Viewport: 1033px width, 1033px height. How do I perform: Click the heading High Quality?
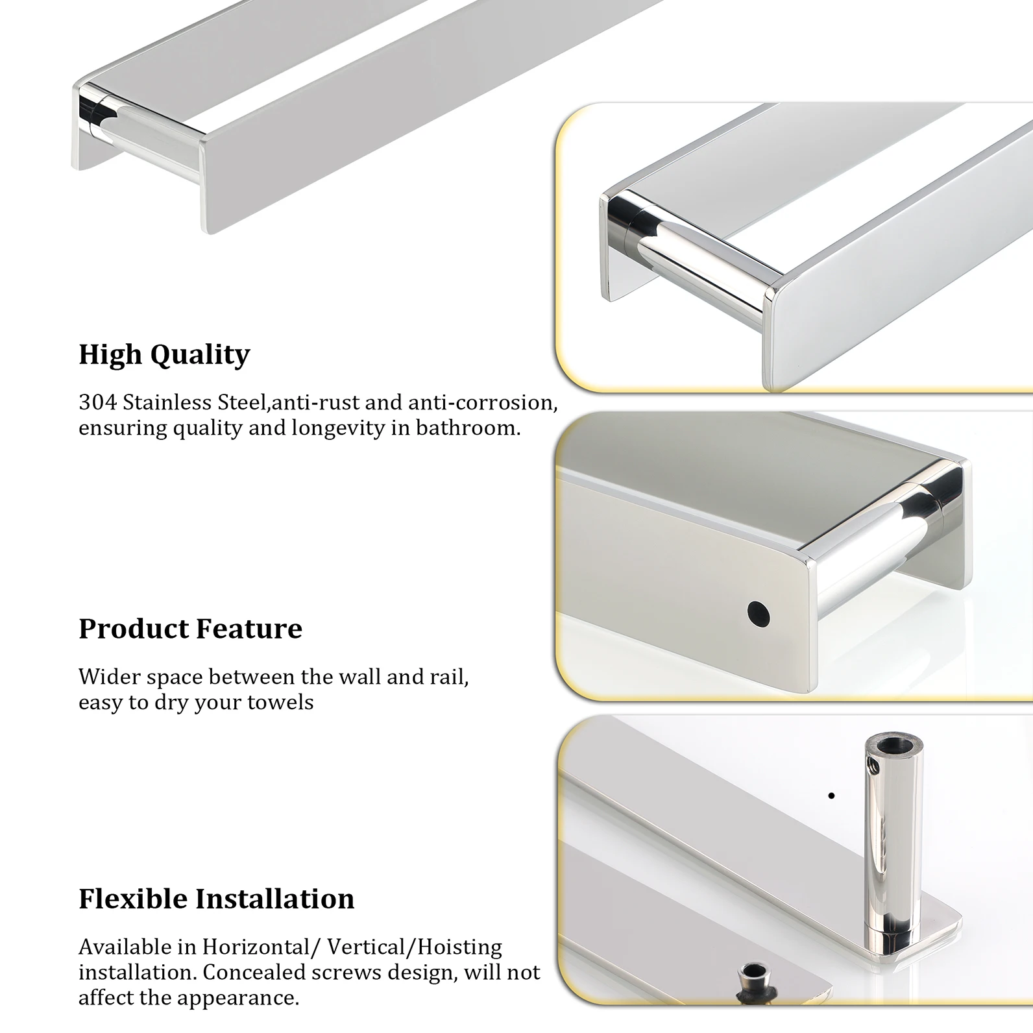(164, 355)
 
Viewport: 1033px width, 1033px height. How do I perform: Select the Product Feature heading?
(190, 628)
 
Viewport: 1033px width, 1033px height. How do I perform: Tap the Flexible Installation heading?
(216, 899)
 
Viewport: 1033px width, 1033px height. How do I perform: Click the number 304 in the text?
(98, 402)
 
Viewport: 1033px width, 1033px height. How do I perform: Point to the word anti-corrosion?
(483, 402)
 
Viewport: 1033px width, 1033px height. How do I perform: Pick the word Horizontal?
(256, 947)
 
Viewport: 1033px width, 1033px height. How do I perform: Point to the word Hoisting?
(459, 947)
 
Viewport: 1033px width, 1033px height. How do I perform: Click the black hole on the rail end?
(758, 614)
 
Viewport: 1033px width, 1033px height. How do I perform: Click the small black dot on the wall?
(831, 796)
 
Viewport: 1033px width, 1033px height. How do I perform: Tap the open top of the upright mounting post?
(893, 743)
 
